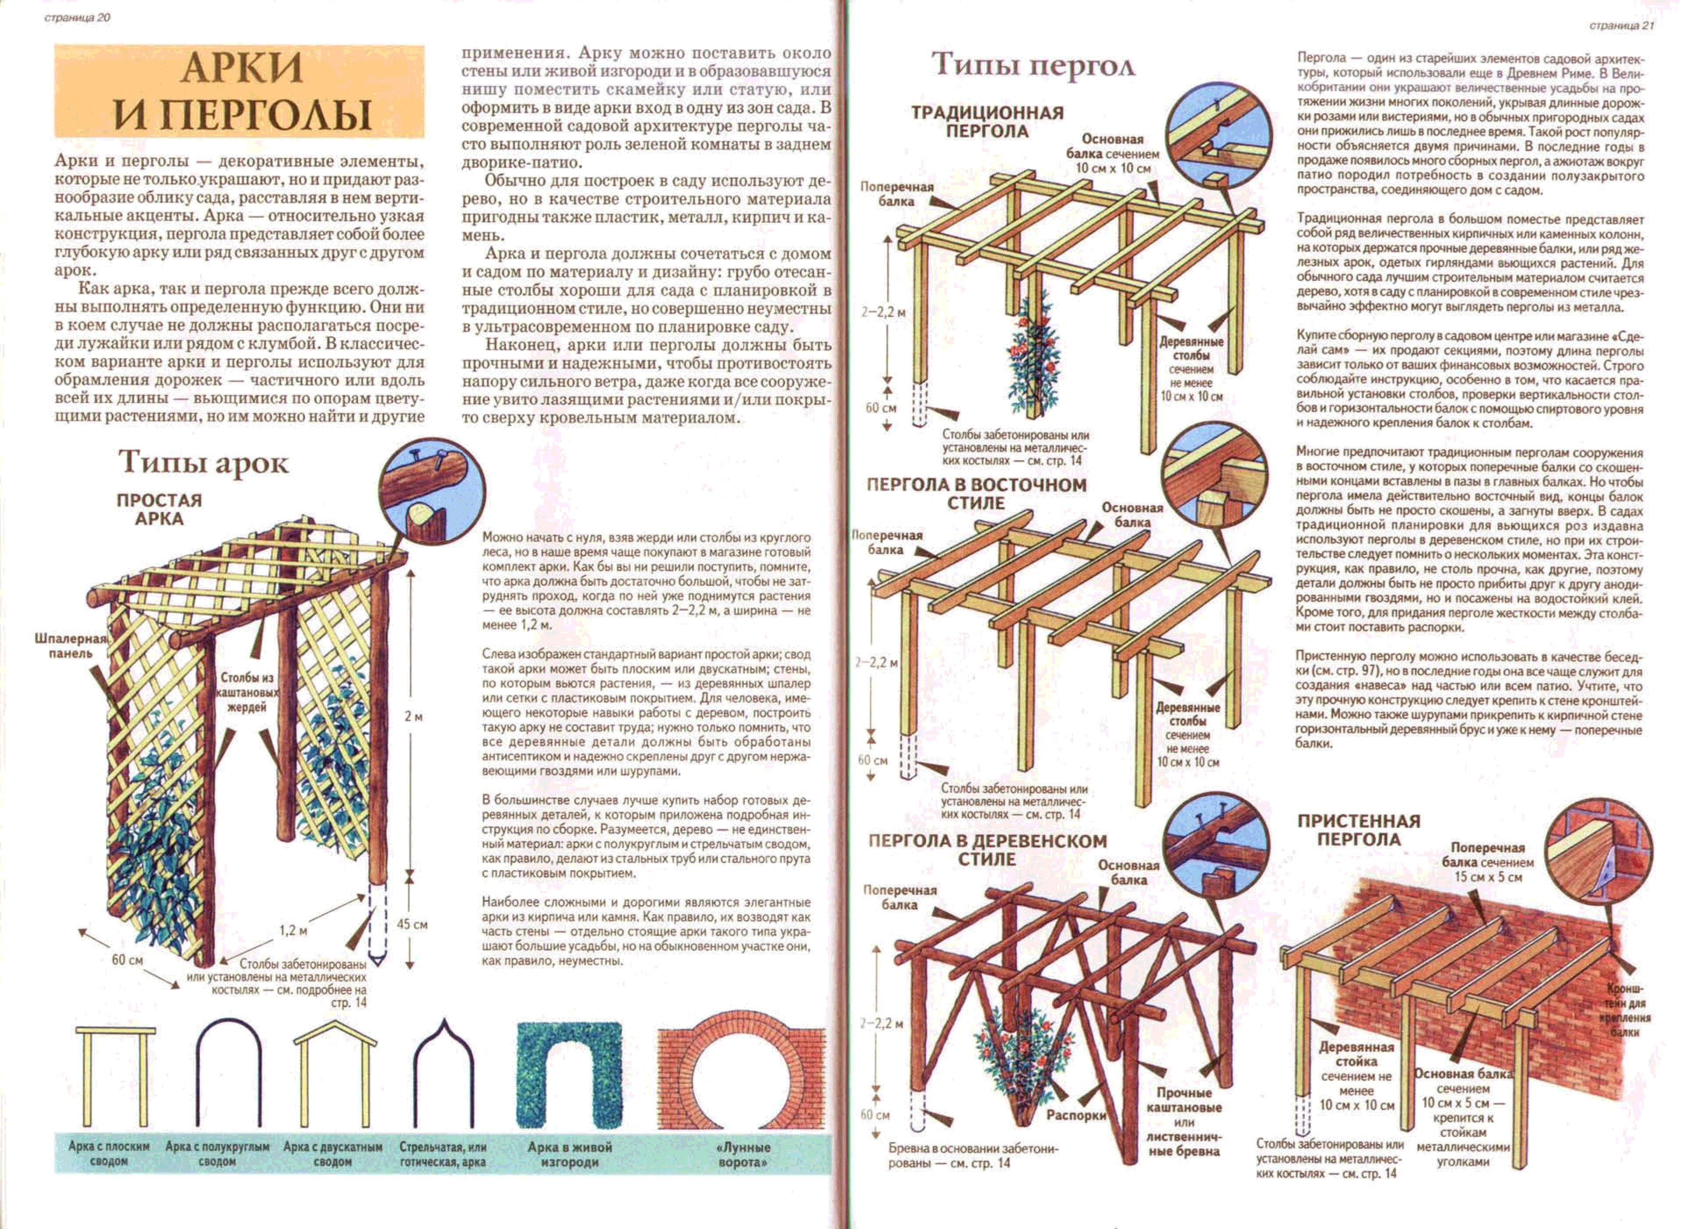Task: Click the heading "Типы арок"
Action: [x=204, y=463]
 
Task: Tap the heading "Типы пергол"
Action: [x=1033, y=65]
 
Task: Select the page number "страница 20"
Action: [x=78, y=18]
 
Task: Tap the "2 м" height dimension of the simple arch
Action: [x=413, y=716]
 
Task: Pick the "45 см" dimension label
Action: [x=412, y=924]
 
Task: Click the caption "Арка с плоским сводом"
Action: [x=109, y=1154]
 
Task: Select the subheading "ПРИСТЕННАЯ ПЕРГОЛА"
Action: [x=1359, y=830]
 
